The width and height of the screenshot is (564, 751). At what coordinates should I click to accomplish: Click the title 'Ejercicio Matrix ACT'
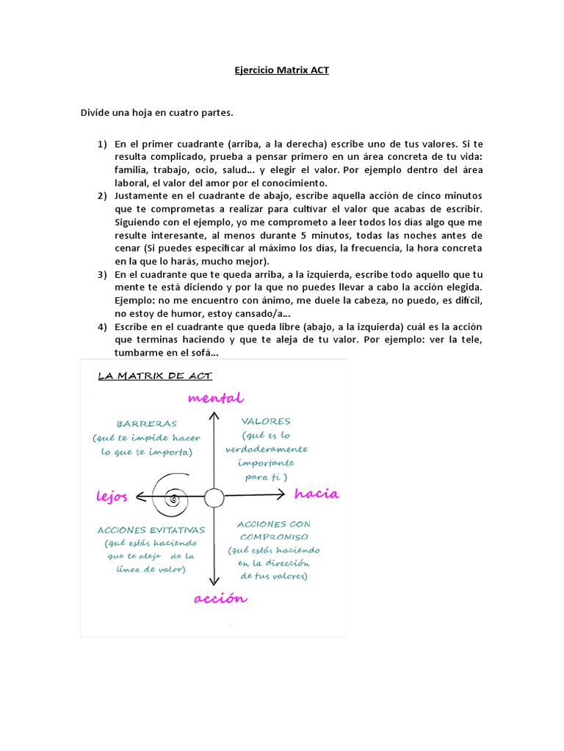[x=282, y=71]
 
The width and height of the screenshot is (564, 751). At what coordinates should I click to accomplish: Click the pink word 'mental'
[x=215, y=398]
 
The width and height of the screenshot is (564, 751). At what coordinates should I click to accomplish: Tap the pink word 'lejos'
[x=112, y=497]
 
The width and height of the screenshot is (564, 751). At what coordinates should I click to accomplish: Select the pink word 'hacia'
[x=317, y=494]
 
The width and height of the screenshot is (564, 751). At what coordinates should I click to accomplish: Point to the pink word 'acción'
[x=220, y=598]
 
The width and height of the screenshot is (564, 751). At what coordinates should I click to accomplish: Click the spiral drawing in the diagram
[x=173, y=497]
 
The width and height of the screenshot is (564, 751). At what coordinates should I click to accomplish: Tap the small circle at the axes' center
[x=214, y=498]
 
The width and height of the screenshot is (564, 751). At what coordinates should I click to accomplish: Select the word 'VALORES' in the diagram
[x=266, y=422]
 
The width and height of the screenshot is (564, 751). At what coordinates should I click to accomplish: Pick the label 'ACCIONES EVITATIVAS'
[x=151, y=530]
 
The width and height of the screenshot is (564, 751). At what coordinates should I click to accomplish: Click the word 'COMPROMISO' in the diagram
[x=273, y=537]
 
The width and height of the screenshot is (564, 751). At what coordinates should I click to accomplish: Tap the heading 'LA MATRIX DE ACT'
[x=155, y=376]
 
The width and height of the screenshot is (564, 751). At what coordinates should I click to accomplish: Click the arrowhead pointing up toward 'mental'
[x=214, y=416]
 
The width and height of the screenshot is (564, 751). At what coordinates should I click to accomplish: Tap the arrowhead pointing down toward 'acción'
[x=214, y=579]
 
